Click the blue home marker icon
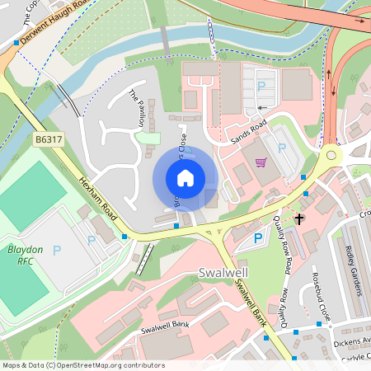click(x=185, y=177)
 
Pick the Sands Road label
click(x=248, y=129)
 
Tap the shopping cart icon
click(x=261, y=162)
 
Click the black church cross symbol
click(x=299, y=218)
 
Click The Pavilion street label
click(x=137, y=108)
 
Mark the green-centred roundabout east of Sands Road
click(x=331, y=153)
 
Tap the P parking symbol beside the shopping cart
click(x=283, y=148)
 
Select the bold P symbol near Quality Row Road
click(x=258, y=238)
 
